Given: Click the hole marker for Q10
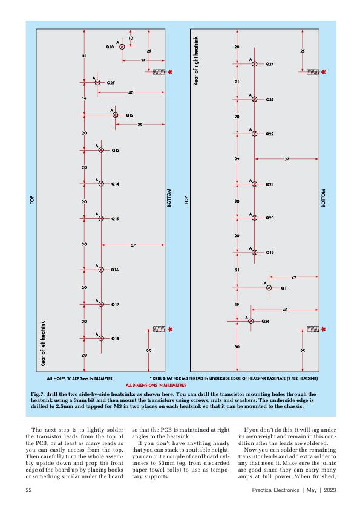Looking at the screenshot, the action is pos(122,47).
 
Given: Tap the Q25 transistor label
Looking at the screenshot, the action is pos(111,83).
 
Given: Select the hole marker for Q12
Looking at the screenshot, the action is pos(116,115).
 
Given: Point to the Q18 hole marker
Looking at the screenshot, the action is pos(101,339).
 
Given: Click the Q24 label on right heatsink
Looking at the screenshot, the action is pos(270,64).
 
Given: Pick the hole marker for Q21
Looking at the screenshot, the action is pos(254,184).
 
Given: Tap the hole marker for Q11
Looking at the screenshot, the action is pos(269,288).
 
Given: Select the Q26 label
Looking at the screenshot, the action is pos(266,322).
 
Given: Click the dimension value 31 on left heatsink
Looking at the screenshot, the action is pos(84,56).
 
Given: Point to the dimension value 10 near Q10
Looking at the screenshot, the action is pos(131,38).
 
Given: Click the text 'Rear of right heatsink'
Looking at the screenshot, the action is pos(195,61).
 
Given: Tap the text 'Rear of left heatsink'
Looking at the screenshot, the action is pos(43,344).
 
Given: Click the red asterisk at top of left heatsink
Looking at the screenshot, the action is pos(170,72).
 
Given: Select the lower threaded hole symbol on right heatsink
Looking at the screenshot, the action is pos(313,329).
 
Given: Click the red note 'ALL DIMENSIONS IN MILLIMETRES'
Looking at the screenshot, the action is pos(156,385).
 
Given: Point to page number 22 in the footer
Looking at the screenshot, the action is pos(28,490).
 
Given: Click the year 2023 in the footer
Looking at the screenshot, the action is pos(330,490).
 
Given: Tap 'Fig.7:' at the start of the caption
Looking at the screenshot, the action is pos(38,394).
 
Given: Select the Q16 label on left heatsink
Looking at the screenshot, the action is pos(115,270).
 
